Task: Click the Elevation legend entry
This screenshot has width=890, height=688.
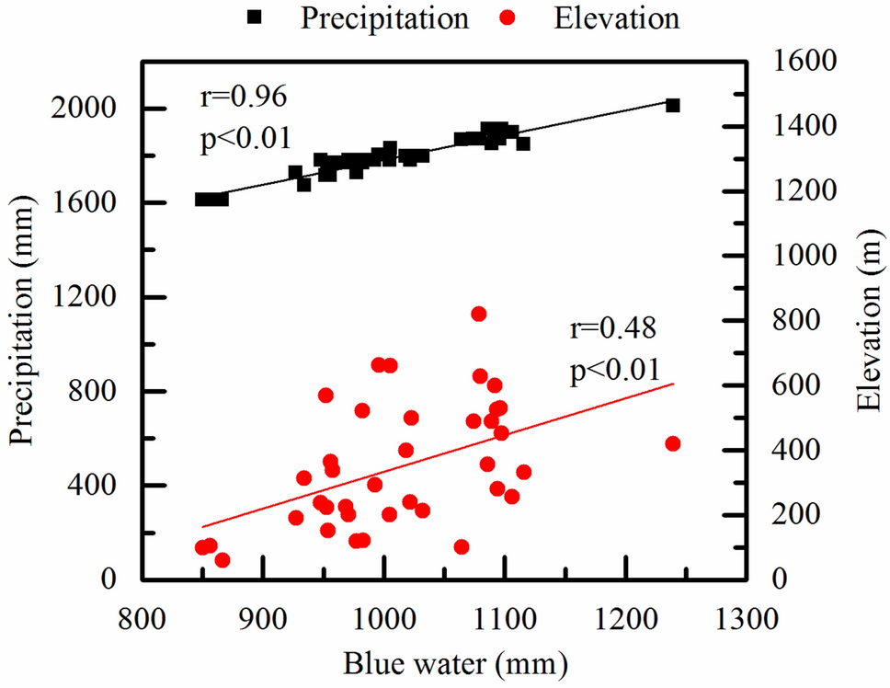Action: coord(616,18)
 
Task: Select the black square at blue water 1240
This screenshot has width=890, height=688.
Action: coord(672,106)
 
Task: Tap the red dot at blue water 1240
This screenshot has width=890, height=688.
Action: coord(672,443)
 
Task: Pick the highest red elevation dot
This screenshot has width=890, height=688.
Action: coord(478,314)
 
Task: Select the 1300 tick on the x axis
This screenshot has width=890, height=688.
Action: coord(747,616)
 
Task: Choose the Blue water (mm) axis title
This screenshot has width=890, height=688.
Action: coord(445,663)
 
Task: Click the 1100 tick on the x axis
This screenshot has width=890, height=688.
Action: coord(505,616)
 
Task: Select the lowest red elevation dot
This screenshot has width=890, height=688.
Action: coord(222,560)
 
